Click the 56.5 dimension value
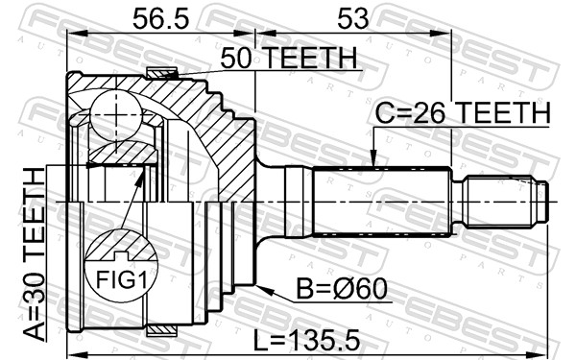(x=160, y=19)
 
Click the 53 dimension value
(x=352, y=19)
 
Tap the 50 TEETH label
(x=289, y=58)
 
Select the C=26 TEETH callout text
(x=463, y=112)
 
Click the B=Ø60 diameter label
(x=342, y=289)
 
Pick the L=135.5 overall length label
(x=307, y=340)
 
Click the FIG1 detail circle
(x=121, y=265)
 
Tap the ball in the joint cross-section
(x=116, y=115)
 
